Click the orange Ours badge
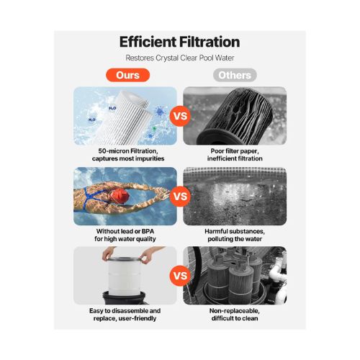pyautogui.click(x=127, y=75)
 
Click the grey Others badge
pyautogui.click(x=235, y=75)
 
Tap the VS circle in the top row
pyautogui.click(x=180, y=116)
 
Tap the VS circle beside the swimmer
pyautogui.click(x=180, y=197)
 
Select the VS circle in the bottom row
pyautogui.click(x=180, y=276)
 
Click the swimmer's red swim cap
pyautogui.click(x=120, y=196)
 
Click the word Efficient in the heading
pyautogui.click(x=148, y=42)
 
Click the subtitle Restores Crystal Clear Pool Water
pyautogui.click(x=180, y=58)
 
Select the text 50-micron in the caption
pyautogui.click(x=112, y=151)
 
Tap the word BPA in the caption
pyautogui.click(x=148, y=231)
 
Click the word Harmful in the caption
pyautogui.click(x=216, y=231)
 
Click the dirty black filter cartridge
pyautogui.click(x=235, y=117)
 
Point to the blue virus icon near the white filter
pyautogui.click(x=159, y=112)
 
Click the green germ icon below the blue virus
pyautogui.click(x=154, y=129)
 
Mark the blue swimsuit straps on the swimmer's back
pyautogui.click(x=92, y=198)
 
